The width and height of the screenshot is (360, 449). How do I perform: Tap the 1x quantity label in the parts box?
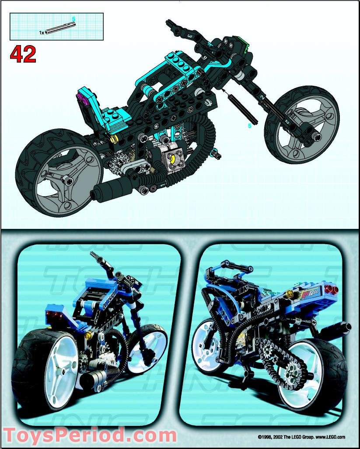click(x=42, y=32)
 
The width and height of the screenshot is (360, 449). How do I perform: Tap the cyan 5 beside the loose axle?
click(x=250, y=126)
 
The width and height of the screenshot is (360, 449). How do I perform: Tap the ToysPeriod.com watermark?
click(x=90, y=436)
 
